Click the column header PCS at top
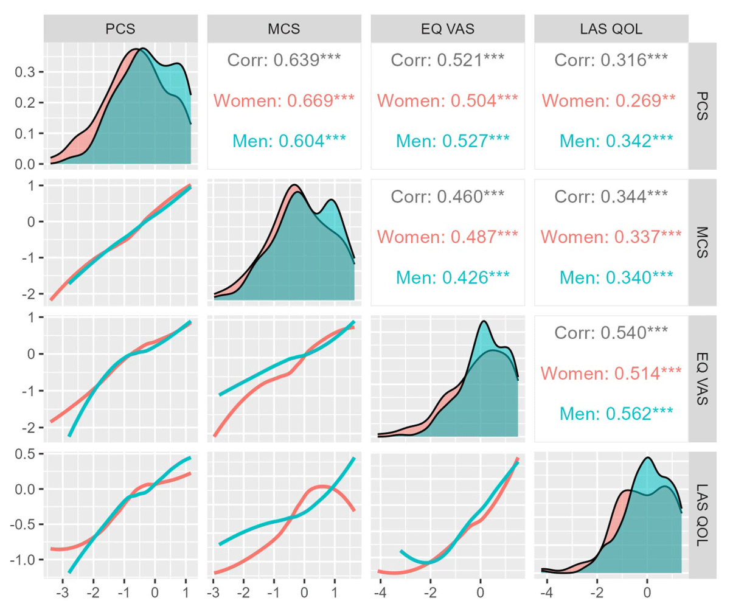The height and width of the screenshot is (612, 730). pos(120,28)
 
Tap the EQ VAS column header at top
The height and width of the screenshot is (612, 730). pos(447,28)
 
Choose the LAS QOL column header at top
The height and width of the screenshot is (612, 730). pos(611,28)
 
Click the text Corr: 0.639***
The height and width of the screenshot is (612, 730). pos(284,60)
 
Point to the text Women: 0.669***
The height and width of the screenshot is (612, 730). pos(284,100)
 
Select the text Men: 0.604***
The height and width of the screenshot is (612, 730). pos(290,141)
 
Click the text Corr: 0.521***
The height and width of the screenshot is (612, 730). pos(448,60)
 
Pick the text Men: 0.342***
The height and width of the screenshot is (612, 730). pos(616,141)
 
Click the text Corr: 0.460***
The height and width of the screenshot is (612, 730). pos(448,196)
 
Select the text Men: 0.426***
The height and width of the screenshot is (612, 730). pos(453,277)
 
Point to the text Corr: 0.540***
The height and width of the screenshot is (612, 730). pos(611,332)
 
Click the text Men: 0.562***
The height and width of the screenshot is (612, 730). pos(616,414)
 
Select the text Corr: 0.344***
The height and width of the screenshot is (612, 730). pos(611,196)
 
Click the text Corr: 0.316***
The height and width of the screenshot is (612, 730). pos(611,60)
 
